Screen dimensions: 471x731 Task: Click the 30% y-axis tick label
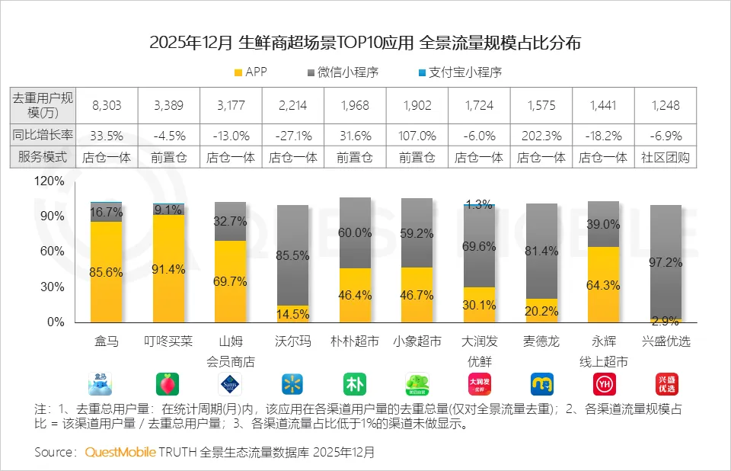[x=52, y=287]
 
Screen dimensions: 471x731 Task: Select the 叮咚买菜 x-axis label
[x=168, y=341]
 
